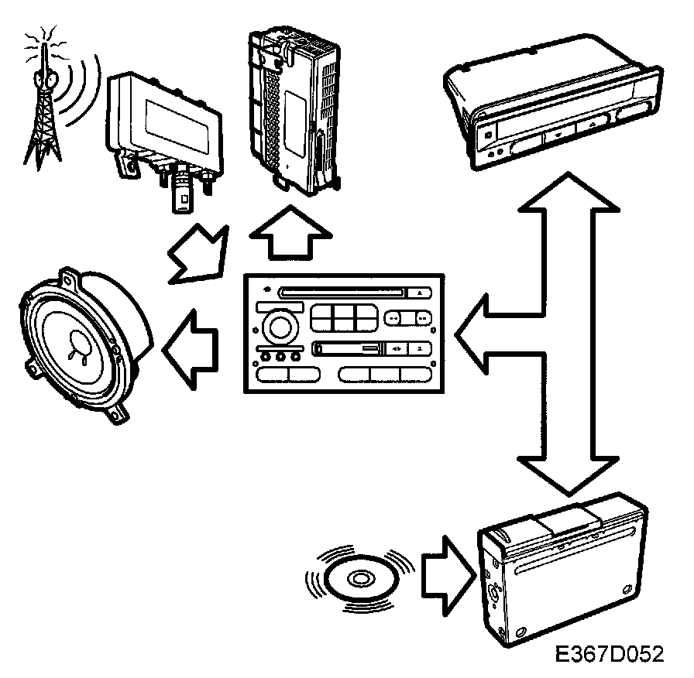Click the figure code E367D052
[x=609, y=654]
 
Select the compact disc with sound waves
[x=360, y=578]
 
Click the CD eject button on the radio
[x=419, y=294]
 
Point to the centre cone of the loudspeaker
[x=80, y=343]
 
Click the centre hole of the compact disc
[x=360, y=578]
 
